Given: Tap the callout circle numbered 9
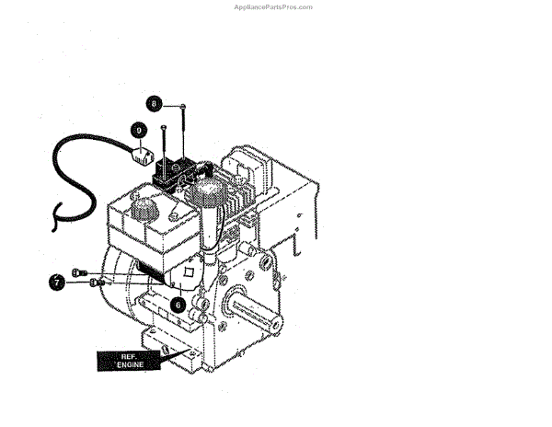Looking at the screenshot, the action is (138, 131).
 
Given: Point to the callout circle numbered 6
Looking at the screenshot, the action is (177, 302).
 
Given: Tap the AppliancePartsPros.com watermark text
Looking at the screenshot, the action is (274, 6).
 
